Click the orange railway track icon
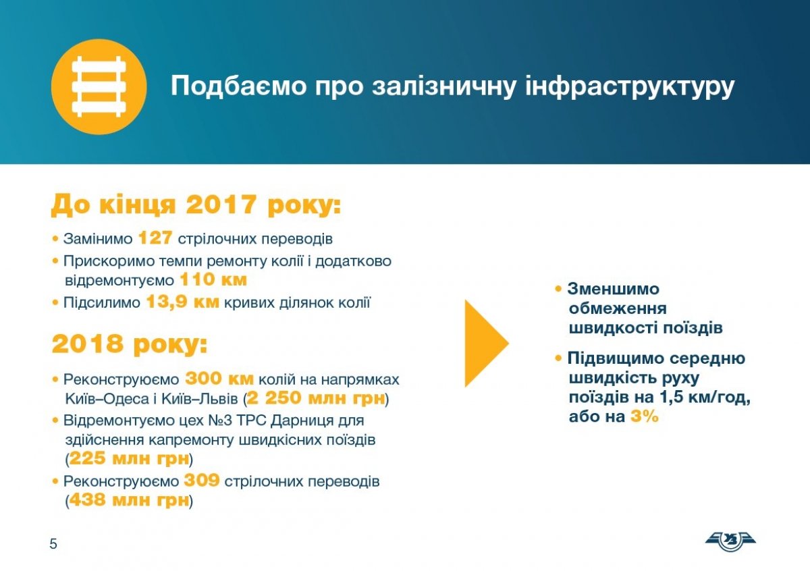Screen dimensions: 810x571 99,87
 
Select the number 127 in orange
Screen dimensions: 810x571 155,238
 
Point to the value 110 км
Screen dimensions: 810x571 213,279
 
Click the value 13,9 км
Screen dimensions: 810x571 183,302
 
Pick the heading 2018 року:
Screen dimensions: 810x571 130,344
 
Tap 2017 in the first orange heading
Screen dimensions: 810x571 221,205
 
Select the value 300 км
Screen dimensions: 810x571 219,379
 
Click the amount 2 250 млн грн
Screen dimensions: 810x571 316,398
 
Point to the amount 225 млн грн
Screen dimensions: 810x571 129,458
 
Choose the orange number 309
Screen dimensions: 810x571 202,481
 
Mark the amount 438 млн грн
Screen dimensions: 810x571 129,500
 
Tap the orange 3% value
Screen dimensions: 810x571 645,416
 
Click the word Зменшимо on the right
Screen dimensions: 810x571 614,289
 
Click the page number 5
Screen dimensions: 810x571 53,544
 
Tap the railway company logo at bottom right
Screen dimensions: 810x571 730,541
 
